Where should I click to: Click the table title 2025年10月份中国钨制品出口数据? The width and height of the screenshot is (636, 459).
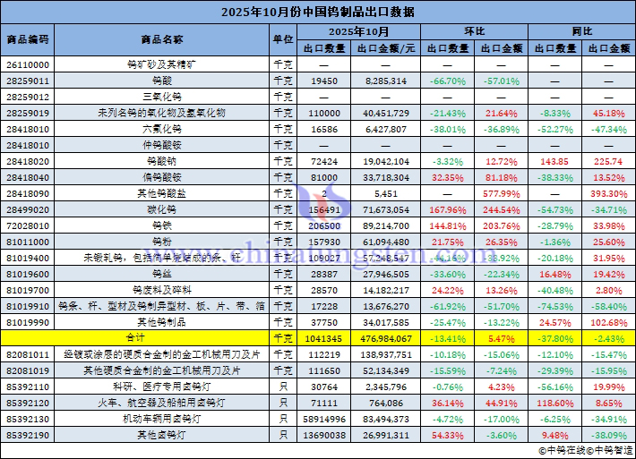(x=317, y=12)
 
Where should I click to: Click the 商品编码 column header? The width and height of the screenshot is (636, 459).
(x=28, y=40)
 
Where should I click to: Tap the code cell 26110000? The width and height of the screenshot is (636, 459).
(x=28, y=64)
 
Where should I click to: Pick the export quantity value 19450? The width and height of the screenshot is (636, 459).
(x=324, y=81)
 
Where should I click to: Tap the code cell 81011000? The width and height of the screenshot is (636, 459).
(x=28, y=242)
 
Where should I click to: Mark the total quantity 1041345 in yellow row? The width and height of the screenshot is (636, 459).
(x=324, y=337)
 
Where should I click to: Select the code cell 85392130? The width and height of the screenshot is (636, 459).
(x=28, y=418)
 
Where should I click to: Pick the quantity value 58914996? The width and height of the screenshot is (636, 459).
(x=324, y=418)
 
